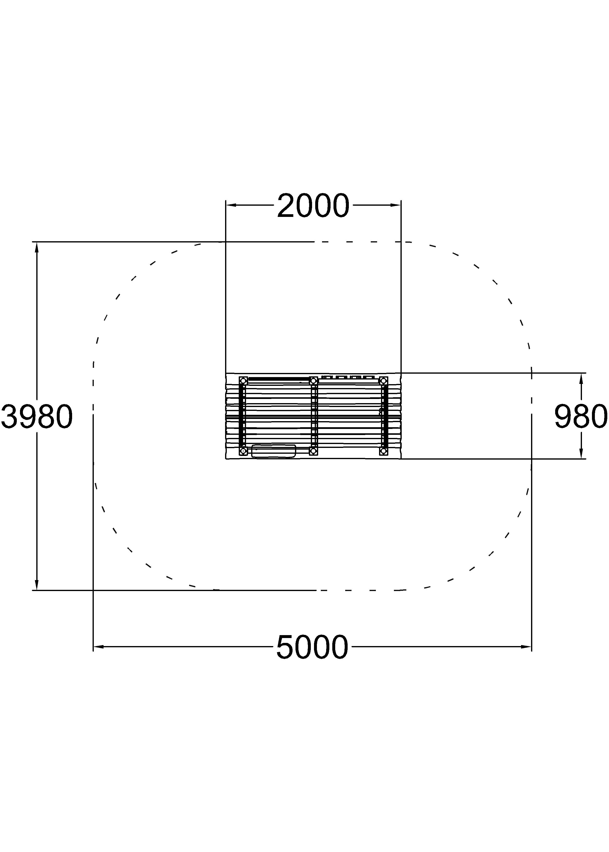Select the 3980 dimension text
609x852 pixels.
37,417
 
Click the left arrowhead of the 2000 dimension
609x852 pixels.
231,205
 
